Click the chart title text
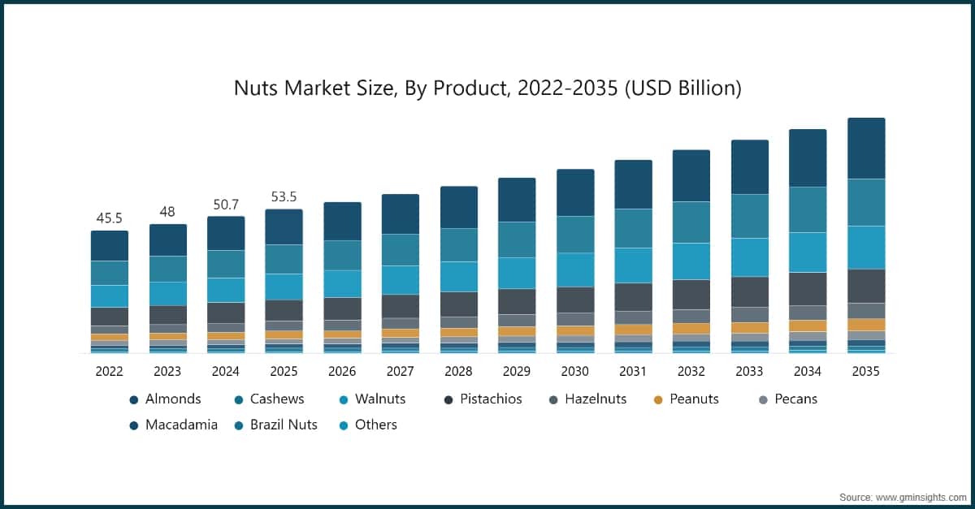[487, 88]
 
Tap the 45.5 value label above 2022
[110, 218]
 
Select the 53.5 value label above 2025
[284, 196]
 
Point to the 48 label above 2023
[167, 211]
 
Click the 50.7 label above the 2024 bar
[226, 204]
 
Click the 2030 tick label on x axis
[574, 371]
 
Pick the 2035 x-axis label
[865, 371]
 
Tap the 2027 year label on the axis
[400, 371]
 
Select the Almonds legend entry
[166, 399]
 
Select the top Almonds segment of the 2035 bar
[866, 148]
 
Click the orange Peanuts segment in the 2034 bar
[808, 326]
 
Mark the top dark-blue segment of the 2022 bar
[110, 245]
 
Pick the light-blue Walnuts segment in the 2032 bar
[691, 261]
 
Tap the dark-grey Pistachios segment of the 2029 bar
[517, 301]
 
